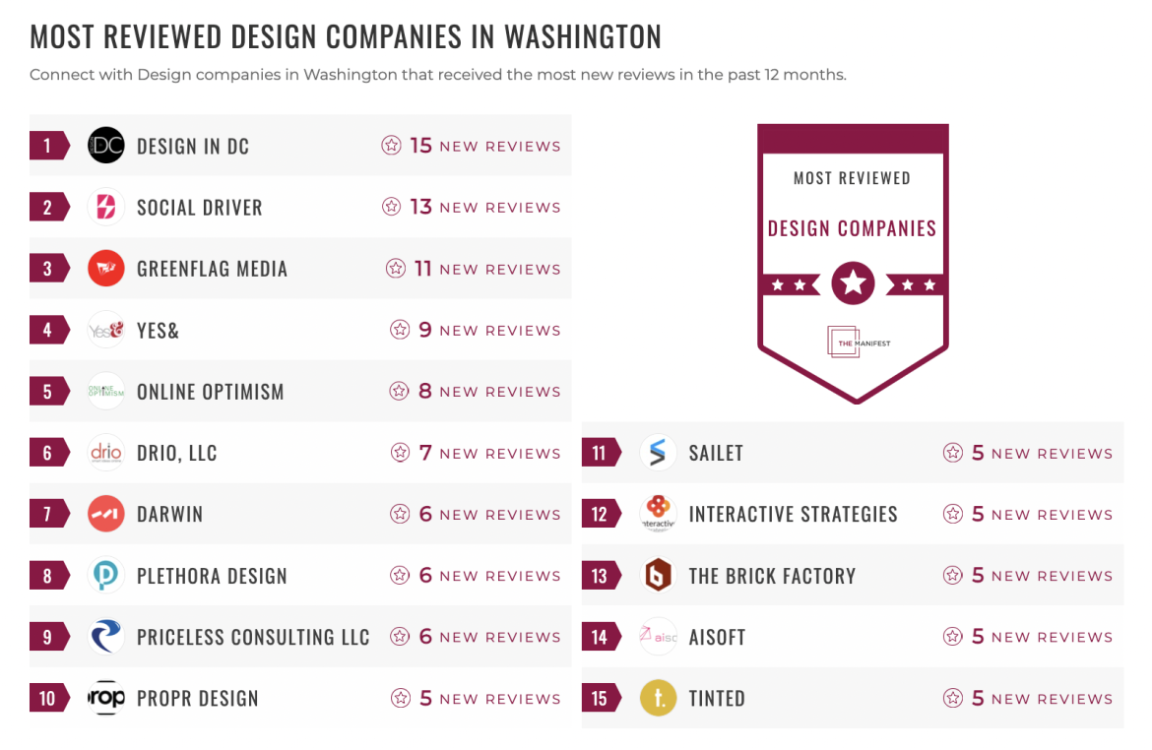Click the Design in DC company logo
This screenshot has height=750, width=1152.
(106, 146)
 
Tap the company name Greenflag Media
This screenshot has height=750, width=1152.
(212, 269)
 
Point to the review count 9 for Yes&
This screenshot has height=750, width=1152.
(425, 330)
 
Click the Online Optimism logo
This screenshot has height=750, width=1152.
(106, 392)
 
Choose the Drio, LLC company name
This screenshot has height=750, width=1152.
(177, 453)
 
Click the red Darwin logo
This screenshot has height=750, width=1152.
(106, 514)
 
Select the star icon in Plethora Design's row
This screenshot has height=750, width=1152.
(400, 576)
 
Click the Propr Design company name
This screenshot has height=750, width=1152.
(197, 699)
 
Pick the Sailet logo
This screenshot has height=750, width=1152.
(658, 453)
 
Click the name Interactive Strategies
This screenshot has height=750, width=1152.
(793, 514)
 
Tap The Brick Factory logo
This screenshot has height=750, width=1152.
(658, 576)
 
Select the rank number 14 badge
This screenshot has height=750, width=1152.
(600, 637)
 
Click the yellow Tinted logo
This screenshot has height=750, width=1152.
(658, 699)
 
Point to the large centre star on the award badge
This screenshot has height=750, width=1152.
(853, 284)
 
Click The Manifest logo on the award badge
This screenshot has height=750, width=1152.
(853, 341)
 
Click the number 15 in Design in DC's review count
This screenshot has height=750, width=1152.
(421, 146)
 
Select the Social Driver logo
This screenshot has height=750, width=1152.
(106, 208)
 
